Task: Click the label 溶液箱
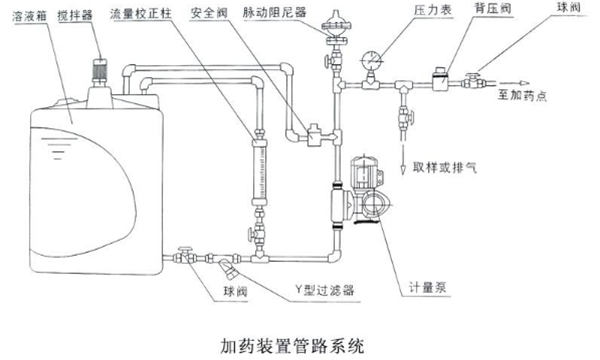(x=30, y=16)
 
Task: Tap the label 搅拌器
(x=75, y=15)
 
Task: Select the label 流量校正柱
(x=141, y=14)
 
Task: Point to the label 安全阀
(x=209, y=13)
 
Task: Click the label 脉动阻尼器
(x=275, y=12)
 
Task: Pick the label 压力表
(x=433, y=10)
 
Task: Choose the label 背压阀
(x=493, y=8)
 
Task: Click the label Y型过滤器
(x=324, y=290)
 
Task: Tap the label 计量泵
(x=427, y=288)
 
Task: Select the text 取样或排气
(x=445, y=167)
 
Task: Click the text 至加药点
(x=522, y=95)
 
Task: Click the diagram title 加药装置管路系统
(x=292, y=345)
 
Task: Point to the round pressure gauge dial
(x=370, y=60)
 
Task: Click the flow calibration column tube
(x=259, y=173)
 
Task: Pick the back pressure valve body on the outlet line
(x=441, y=80)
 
